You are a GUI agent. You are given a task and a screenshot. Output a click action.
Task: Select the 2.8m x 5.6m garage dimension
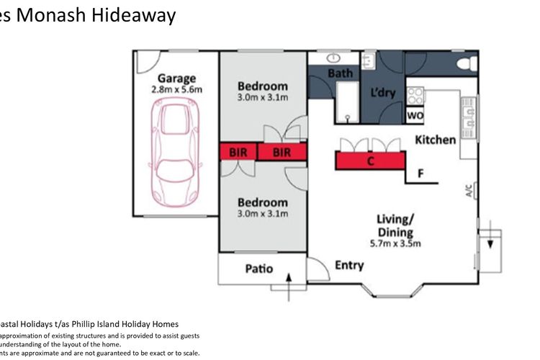[x=177, y=89]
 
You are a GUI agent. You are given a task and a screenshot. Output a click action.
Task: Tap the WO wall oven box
[x=415, y=115]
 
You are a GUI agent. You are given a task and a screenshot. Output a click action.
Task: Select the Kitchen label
[x=436, y=140]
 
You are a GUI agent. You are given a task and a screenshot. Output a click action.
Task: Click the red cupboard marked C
[x=370, y=161]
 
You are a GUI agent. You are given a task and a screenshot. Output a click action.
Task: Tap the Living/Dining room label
[x=395, y=225]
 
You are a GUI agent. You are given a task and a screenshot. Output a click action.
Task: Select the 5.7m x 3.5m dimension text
[x=395, y=243]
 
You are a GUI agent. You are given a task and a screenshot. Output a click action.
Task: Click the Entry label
[x=349, y=266]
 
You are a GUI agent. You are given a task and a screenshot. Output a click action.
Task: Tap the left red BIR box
[x=238, y=153]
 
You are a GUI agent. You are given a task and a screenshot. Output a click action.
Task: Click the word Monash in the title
[x=51, y=15]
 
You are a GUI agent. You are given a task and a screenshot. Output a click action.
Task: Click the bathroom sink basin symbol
[x=335, y=57]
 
